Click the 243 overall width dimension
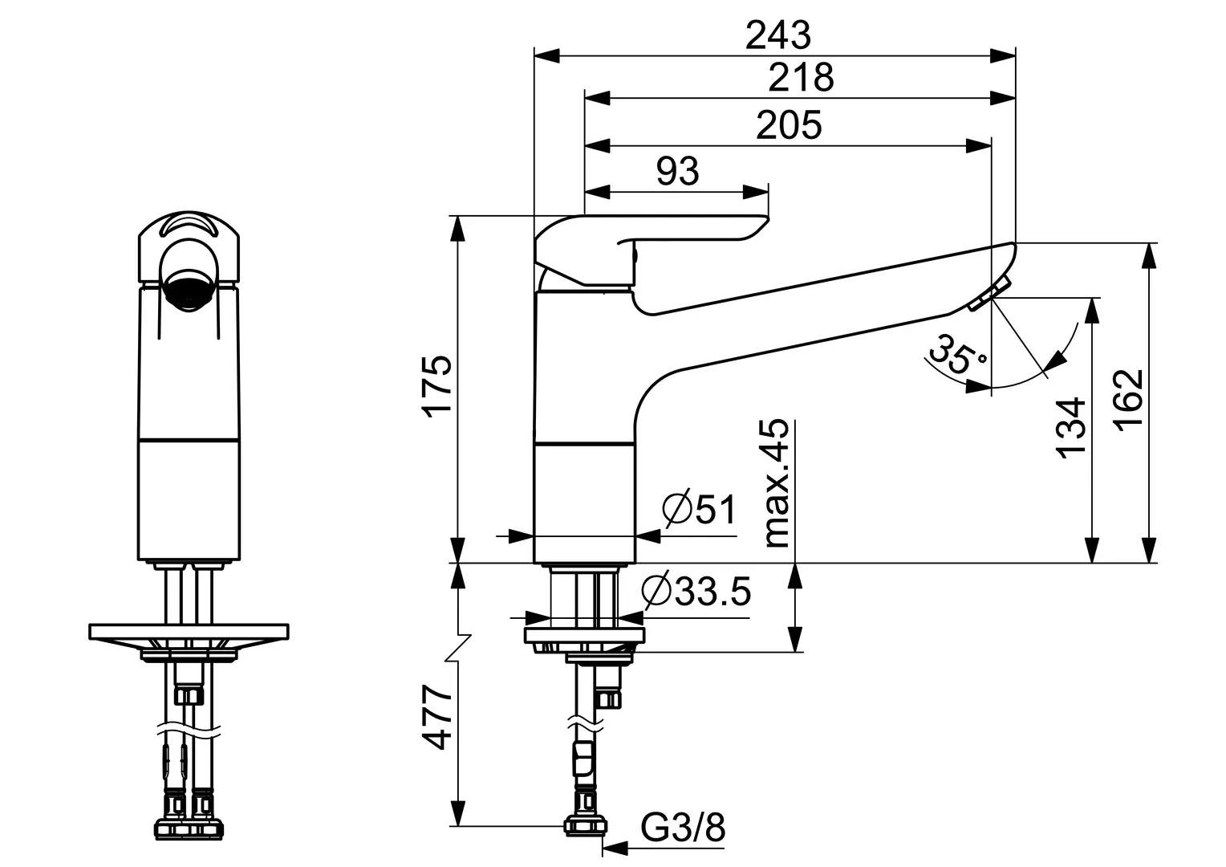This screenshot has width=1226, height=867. point(777,35)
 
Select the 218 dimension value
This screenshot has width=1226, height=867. point(801,77)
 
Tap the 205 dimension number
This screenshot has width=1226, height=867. point(789,125)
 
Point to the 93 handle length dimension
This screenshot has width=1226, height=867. point(677,172)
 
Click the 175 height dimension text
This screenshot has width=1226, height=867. point(438,387)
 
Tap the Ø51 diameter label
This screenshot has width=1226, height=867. point(699,509)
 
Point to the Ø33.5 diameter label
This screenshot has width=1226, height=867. point(696,592)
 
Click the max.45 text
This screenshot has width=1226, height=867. point(777,483)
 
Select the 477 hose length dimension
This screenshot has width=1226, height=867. point(438,718)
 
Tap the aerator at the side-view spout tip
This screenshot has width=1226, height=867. point(989,294)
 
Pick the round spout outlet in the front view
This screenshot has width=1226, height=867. point(189,291)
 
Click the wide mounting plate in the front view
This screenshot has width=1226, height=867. point(189,632)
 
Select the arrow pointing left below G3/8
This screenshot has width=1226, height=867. point(615,849)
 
